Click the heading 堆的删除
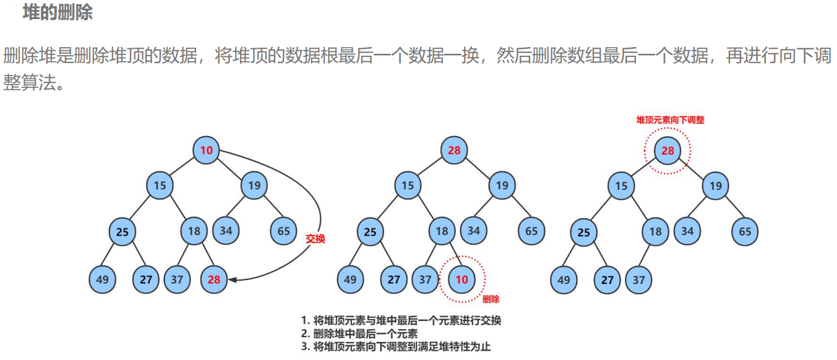[58, 13]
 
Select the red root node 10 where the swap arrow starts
[206, 150]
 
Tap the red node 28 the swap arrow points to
[214, 280]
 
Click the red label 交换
[315, 239]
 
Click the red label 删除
[491, 299]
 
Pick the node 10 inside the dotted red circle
[461, 280]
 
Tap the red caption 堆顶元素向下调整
[671, 120]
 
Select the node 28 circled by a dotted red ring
[667, 150]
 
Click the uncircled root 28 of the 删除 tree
[454, 150]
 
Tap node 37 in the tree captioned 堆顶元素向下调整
[638, 280]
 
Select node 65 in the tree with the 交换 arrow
[283, 231]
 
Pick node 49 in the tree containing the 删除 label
[350, 280]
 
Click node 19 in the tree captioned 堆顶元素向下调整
[716, 186]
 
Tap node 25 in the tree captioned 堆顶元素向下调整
[583, 233]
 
